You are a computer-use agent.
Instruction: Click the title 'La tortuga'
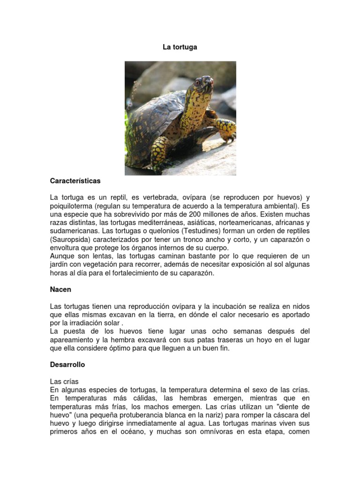[180, 47]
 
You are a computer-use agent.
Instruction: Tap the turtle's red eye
[197, 82]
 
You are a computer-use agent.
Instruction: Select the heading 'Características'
[75, 180]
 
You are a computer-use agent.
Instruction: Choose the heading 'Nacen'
[60, 290]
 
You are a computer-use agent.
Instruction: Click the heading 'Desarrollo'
[67, 364]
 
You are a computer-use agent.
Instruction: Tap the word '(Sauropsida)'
[71, 240]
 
